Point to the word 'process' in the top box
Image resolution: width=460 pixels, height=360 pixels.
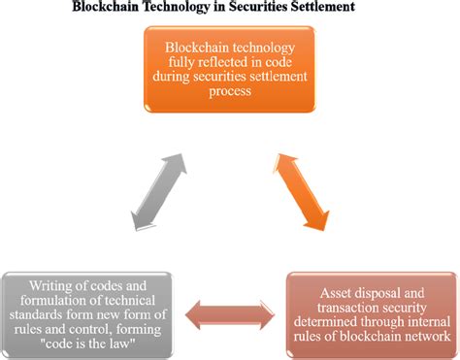tap(232, 93)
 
